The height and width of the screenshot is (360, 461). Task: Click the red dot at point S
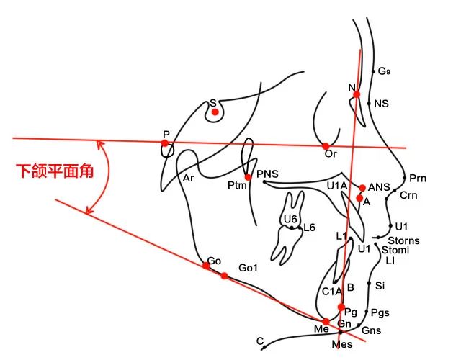pyautogui.click(x=215, y=112)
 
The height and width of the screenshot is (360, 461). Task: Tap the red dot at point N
pyautogui.click(x=356, y=94)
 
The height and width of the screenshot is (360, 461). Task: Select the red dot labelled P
pyautogui.click(x=165, y=143)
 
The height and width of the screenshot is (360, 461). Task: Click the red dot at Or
pyautogui.click(x=326, y=145)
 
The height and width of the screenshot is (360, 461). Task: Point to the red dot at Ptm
pyautogui.click(x=248, y=177)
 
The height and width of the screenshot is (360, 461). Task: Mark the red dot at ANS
pyautogui.click(x=362, y=187)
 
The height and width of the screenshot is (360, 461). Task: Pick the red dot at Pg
pyautogui.click(x=341, y=307)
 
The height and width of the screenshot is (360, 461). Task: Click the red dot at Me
pyautogui.click(x=326, y=322)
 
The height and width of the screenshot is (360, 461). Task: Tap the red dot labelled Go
pyautogui.click(x=206, y=265)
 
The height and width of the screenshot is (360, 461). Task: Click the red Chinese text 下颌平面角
pyautogui.click(x=55, y=172)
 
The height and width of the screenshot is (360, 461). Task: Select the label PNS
pyautogui.click(x=267, y=174)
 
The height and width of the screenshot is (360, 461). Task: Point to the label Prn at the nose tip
pyautogui.click(x=417, y=178)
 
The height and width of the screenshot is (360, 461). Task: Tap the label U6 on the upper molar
pyautogui.click(x=290, y=219)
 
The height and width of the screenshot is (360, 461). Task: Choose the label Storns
pyautogui.click(x=403, y=240)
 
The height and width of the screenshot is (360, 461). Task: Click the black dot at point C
pyautogui.click(x=264, y=347)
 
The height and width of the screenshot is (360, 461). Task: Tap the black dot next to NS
pyautogui.click(x=370, y=104)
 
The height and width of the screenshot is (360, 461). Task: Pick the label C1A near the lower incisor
pyautogui.click(x=332, y=291)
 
